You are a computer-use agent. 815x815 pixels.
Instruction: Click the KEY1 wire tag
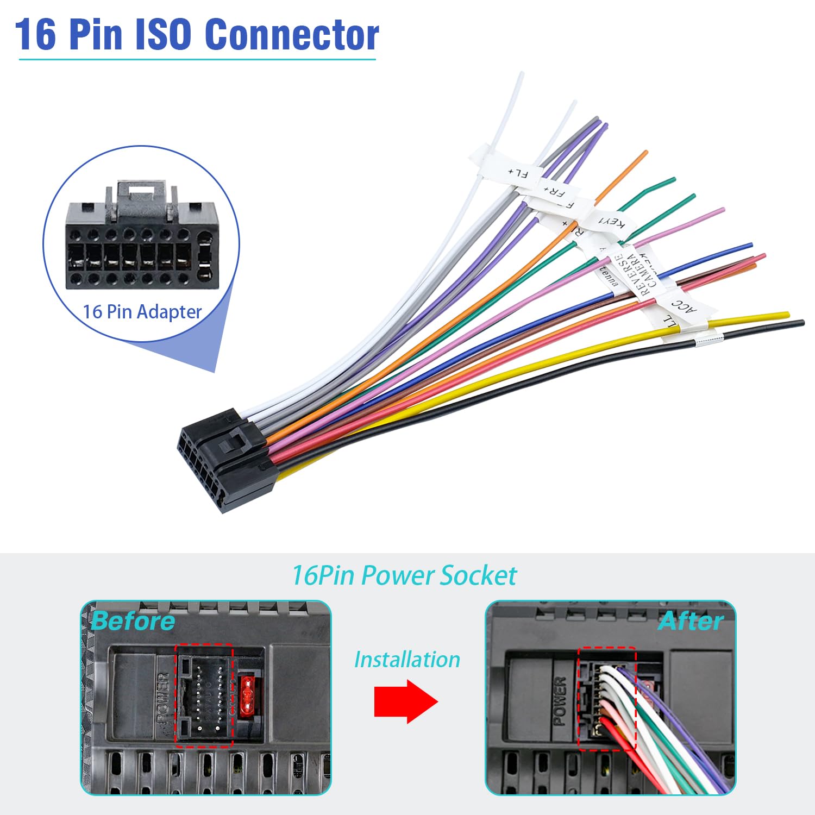(x=611, y=222)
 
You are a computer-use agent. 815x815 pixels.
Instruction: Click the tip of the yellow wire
(x=786, y=315)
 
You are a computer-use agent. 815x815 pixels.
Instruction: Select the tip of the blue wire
(x=750, y=246)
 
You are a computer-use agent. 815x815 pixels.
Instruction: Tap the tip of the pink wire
(x=722, y=209)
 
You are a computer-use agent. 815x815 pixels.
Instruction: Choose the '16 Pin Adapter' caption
(x=142, y=312)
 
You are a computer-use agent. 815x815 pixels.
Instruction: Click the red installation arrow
(x=405, y=701)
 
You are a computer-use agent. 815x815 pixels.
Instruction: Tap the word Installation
(x=407, y=660)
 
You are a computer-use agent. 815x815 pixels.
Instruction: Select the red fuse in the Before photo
(x=247, y=695)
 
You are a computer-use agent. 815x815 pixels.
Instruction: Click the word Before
(x=133, y=621)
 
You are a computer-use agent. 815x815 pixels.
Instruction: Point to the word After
(x=691, y=621)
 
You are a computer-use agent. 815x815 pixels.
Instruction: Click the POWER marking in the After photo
(x=560, y=701)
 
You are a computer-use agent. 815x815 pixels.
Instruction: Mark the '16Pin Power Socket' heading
(x=404, y=575)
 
